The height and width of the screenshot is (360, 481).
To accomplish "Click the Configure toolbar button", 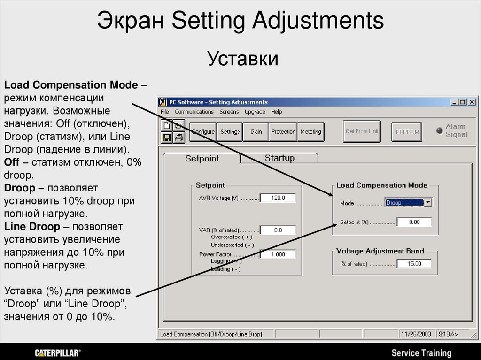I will (202, 132).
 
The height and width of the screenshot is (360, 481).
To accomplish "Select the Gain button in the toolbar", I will (256, 132).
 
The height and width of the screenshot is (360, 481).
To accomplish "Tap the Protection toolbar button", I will (283, 132).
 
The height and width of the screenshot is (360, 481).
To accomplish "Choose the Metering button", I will (310, 132).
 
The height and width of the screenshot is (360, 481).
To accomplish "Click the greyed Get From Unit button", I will (362, 131).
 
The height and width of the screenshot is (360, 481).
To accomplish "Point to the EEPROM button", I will (406, 132).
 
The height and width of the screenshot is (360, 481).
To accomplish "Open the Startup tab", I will (279, 158).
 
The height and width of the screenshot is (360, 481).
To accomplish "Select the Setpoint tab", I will (202, 159).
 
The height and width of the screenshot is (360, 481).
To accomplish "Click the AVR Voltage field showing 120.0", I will (278, 198).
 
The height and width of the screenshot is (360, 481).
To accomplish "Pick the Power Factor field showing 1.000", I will (278, 254).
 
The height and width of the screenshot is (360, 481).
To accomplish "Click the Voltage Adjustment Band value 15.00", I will (414, 264).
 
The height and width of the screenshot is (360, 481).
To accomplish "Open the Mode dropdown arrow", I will (427, 203).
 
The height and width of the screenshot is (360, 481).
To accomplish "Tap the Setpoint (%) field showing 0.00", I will (414, 222).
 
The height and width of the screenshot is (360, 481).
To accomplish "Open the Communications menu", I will (194, 112).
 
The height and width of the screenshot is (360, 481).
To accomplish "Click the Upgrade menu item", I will (255, 112).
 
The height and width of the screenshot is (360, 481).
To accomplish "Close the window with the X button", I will (472, 102).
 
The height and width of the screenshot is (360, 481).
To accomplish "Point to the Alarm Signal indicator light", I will (440, 130).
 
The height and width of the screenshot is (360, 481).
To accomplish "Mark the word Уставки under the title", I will (243, 59).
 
